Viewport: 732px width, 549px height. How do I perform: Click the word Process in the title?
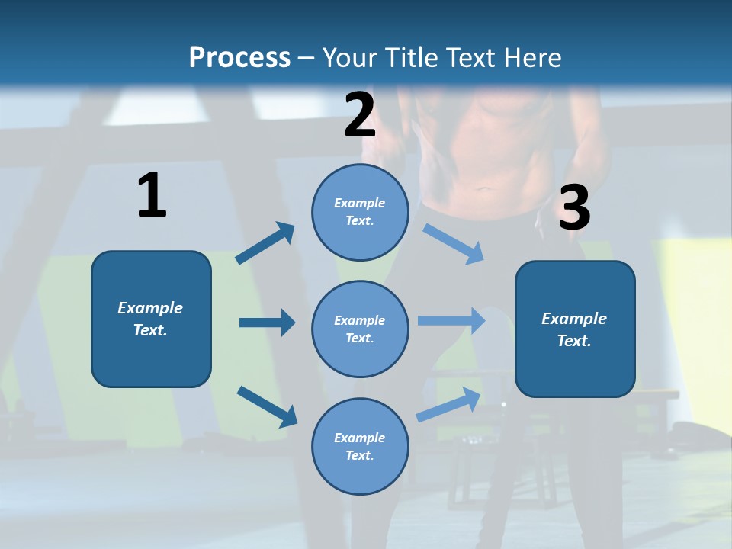239,57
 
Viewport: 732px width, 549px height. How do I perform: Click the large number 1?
152,196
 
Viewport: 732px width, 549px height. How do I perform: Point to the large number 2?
360,115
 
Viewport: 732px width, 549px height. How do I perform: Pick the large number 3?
574,208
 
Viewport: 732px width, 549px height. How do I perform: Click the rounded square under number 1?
151,319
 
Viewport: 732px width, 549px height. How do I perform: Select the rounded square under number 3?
575,329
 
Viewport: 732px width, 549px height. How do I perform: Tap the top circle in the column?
360,212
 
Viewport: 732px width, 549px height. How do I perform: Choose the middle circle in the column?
360,329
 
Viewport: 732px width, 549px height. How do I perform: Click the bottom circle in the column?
360,446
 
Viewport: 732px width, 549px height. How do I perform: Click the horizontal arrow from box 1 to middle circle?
267,323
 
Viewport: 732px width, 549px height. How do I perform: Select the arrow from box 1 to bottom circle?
267,406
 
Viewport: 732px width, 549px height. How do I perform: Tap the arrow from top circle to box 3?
454,243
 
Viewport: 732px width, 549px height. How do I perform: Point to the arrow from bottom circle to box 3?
449,405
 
